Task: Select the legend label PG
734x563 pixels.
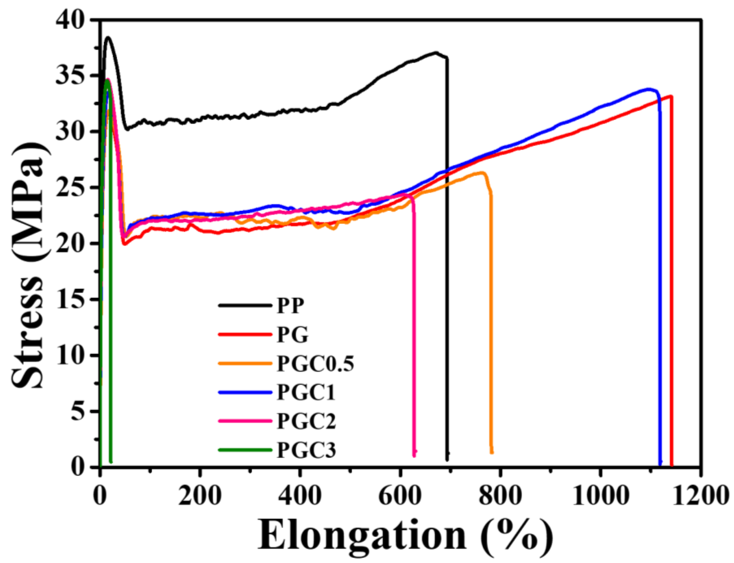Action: [292, 335]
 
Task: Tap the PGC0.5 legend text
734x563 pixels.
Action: [315, 363]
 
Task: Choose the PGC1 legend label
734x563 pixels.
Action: [306, 392]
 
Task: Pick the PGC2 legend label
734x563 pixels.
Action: [306, 421]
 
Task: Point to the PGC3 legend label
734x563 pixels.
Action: [306, 450]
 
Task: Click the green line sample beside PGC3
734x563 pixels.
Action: [245, 450]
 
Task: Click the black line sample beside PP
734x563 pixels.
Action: [245, 305]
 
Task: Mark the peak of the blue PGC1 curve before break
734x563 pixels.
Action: [650, 89]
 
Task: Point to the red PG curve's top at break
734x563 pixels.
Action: [671, 96]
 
